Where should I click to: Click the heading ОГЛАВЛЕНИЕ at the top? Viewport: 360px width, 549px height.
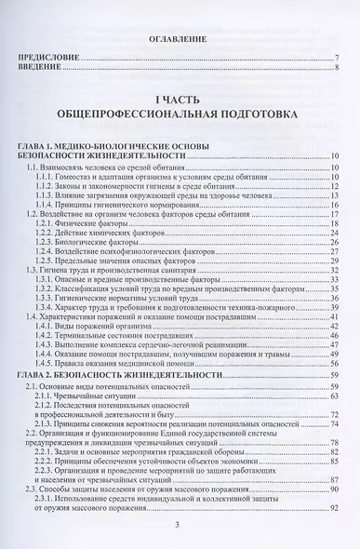click(180, 42)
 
